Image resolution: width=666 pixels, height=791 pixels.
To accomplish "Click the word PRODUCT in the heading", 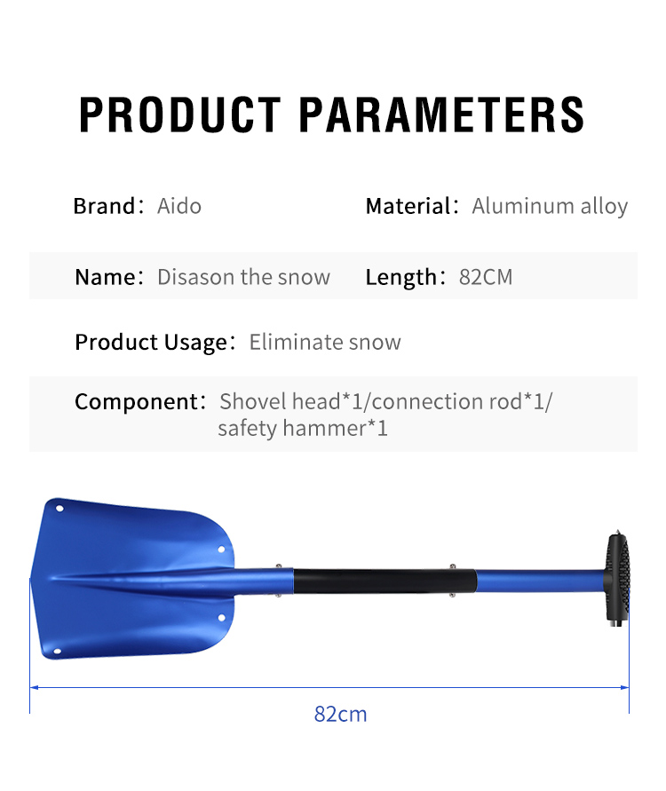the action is (179, 115).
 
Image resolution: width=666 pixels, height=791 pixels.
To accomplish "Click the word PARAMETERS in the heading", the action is (442, 115).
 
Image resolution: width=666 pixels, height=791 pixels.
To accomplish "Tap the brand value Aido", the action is (179, 206).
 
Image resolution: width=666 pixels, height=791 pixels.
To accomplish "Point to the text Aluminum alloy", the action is (550, 206).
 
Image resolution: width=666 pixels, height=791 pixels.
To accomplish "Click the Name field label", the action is (109, 277).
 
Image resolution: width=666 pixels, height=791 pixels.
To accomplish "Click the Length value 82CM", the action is (486, 277).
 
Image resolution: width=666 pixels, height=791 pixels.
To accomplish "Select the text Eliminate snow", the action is (325, 342).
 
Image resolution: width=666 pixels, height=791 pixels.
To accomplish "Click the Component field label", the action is (139, 402).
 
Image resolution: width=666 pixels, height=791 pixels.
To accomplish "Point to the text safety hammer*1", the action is (303, 429).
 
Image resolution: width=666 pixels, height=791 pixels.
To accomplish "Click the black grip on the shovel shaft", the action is (385, 581).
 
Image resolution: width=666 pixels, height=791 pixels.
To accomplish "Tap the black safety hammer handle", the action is (618, 578).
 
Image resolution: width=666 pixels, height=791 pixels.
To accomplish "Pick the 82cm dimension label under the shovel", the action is (341, 715).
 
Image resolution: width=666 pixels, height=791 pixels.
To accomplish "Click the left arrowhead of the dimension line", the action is (34, 687).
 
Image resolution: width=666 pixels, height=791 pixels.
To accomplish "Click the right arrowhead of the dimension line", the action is (625, 687).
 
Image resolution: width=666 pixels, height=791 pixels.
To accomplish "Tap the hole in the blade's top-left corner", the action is (59, 509).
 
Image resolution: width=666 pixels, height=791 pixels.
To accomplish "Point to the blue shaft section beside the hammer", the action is (541, 581).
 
